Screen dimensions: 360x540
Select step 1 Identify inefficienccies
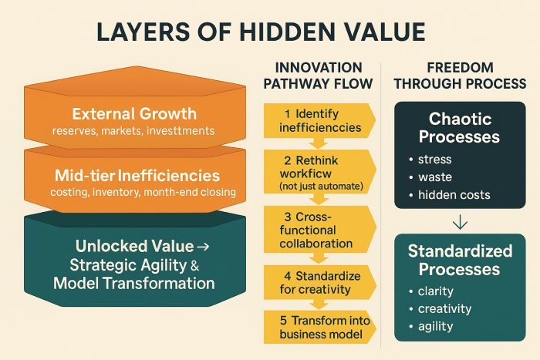coord(319,120)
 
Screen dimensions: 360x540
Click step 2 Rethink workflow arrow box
coord(319,171)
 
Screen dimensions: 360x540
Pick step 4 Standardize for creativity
coord(319,282)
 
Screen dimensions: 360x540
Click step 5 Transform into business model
coord(319,327)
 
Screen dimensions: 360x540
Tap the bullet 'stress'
coord(435,160)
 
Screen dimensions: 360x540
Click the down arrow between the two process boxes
coord(460,223)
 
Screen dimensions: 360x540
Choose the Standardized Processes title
coord(460,260)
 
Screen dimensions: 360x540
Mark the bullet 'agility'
coord(437,326)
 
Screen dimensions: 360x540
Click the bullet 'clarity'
coord(437,292)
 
